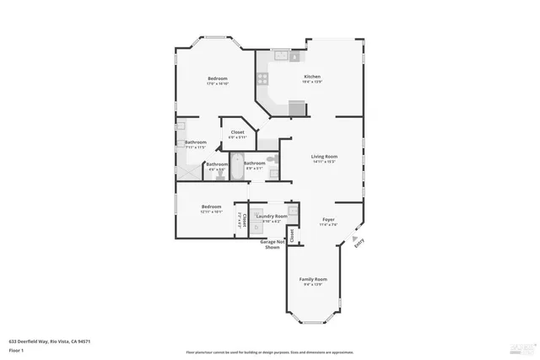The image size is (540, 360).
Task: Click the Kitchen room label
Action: pos(312,76)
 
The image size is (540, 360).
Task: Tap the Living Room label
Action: pos(324,156)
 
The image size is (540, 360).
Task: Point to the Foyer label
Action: pos(328,220)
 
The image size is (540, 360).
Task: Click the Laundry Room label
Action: pos(272,216)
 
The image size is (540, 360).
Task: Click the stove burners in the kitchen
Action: pos(263,78)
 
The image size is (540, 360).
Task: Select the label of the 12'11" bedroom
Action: pos(211,207)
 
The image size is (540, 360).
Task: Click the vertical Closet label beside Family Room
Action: pos(293,235)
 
